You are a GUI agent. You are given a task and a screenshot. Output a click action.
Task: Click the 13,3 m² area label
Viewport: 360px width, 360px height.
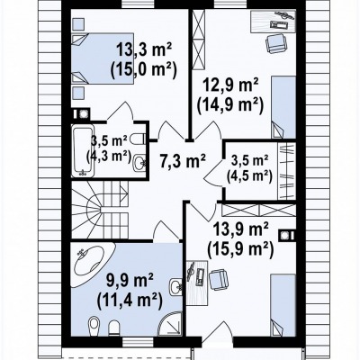click(144, 49)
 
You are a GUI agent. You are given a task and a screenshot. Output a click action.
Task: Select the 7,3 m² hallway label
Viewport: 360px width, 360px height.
click(183, 162)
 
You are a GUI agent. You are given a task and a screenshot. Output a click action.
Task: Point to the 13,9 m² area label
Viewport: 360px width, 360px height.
click(240, 230)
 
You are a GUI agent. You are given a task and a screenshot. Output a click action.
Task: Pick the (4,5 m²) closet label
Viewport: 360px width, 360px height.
click(249, 176)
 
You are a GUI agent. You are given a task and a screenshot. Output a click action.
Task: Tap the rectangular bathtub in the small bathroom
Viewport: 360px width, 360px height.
click(82, 151)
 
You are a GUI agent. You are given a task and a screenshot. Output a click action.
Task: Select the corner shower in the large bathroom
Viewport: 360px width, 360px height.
click(170, 323)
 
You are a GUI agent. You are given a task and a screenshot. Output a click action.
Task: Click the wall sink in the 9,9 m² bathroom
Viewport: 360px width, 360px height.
click(175, 287)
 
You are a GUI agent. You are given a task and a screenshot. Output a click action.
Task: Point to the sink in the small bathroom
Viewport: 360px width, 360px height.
click(139, 162)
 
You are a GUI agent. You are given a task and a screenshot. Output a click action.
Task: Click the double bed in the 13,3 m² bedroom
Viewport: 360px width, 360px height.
click(102, 58)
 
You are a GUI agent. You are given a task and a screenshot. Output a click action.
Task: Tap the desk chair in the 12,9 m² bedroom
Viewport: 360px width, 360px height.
click(276, 43)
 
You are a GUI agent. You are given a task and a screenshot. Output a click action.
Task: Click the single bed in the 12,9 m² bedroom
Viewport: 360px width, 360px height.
click(283, 107)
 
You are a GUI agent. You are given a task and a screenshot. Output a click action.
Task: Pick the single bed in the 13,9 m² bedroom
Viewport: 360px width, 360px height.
click(283, 305)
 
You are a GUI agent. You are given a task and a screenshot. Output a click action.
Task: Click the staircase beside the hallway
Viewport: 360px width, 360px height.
click(100, 209)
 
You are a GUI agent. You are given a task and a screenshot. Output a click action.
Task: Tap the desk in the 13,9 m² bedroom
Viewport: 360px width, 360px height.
click(196, 283)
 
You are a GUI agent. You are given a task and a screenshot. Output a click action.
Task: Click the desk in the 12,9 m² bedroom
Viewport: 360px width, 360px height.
click(273, 21)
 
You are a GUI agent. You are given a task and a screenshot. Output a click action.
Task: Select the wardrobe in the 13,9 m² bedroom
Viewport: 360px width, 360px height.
click(258, 210)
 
